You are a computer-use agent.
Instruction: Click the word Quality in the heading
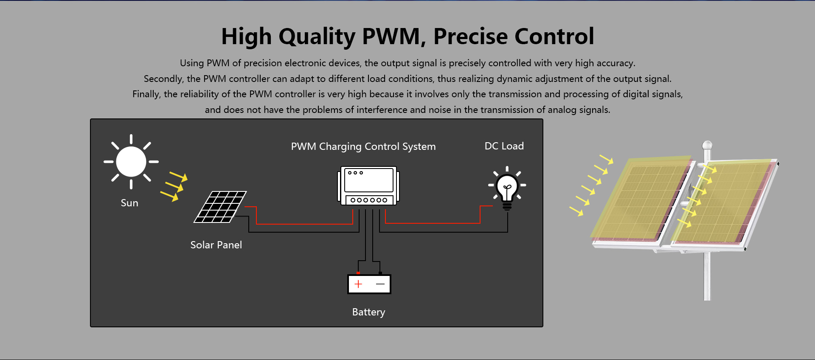pos(317,37)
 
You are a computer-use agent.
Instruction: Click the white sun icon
pos(131,162)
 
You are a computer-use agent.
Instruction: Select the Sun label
pos(129,203)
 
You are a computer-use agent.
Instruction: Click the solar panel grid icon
pos(220,207)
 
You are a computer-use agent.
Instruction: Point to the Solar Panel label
pos(216,245)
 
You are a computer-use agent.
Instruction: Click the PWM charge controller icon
pos(368,186)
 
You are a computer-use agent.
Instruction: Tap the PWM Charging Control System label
pos(363,146)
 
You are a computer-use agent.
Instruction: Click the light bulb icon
pos(507,188)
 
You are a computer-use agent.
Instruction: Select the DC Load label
pos(504,146)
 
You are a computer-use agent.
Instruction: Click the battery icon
pos(369,284)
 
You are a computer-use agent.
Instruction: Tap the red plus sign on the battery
pos(358,284)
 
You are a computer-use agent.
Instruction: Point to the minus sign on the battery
pos(380,284)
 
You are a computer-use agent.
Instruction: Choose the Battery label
pos(368,312)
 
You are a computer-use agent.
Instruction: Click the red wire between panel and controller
pos(304,224)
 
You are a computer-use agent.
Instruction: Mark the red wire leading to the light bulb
pos(433,223)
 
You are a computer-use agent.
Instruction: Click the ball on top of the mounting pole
pos(707,145)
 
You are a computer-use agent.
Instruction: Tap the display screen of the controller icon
pos(369,180)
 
